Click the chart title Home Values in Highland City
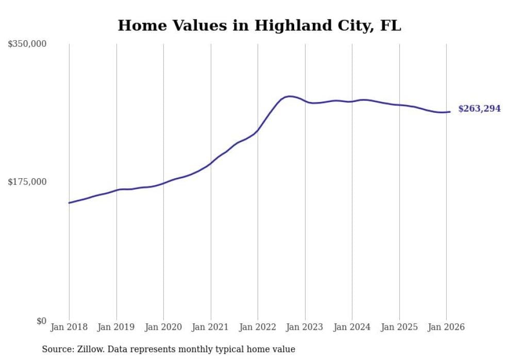[x=259, y=25]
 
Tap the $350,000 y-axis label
[x=27, y=44]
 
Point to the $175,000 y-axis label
[x=27, y=182]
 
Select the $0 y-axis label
[x=41, y=321]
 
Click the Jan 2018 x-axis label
[x=69, y=327]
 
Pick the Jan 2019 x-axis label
[x=116, y=327]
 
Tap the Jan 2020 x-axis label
[x=163, y=327]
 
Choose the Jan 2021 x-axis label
[x=211, y=327]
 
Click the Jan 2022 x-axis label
[x=258, y=327]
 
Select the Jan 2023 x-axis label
[x=305, y=327]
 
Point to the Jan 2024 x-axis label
[x=352, y=327]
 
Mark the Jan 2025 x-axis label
[x=399, y=327]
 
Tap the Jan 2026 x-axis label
[x=446, y=327]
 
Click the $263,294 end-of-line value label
[x=479, y=109]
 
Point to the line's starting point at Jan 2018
[x=69, y=203]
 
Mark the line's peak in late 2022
[x=290, y=96]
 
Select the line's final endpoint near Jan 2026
[x=450, y=112]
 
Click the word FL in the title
[x=390, y=25]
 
